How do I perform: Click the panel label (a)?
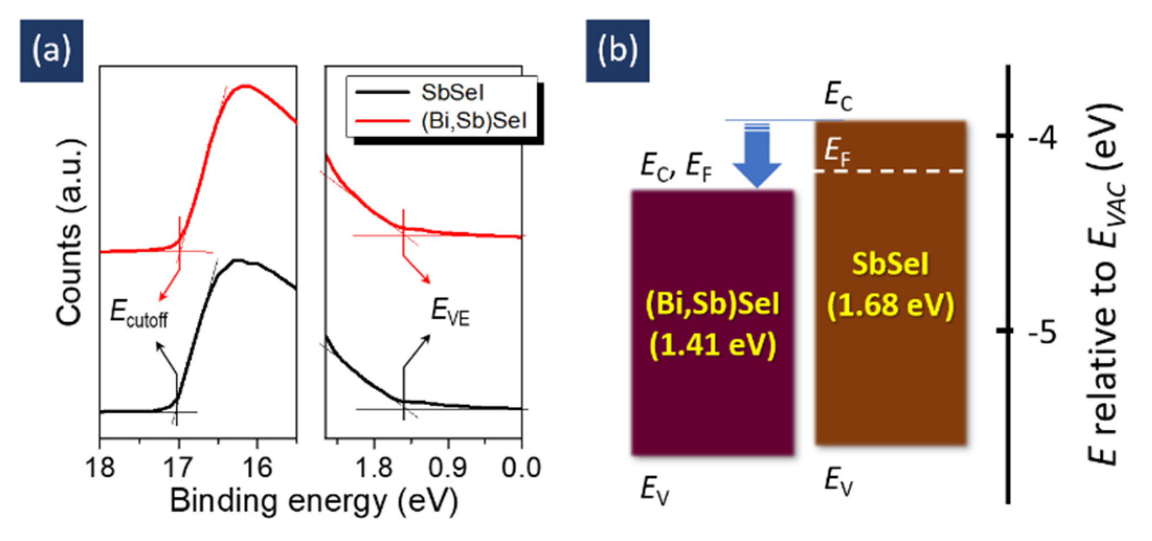click(51, 51)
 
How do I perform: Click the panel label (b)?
click(617, 51)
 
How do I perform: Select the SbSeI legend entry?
click(452, 93)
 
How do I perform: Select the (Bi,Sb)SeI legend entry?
click(473, 121)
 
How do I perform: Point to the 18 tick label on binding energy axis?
click(100, 467)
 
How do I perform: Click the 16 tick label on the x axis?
click(257, 467)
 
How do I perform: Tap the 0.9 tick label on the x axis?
click(448, 467)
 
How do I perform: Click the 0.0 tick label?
click(521, 467)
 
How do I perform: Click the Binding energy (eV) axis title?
click(314, 501)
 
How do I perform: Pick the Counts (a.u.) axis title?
click(70, 233)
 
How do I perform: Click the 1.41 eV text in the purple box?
click(713, 345)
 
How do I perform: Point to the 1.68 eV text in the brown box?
click(890, 305)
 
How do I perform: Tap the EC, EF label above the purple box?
click(676, 167)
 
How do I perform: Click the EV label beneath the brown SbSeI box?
click(839, 480)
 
